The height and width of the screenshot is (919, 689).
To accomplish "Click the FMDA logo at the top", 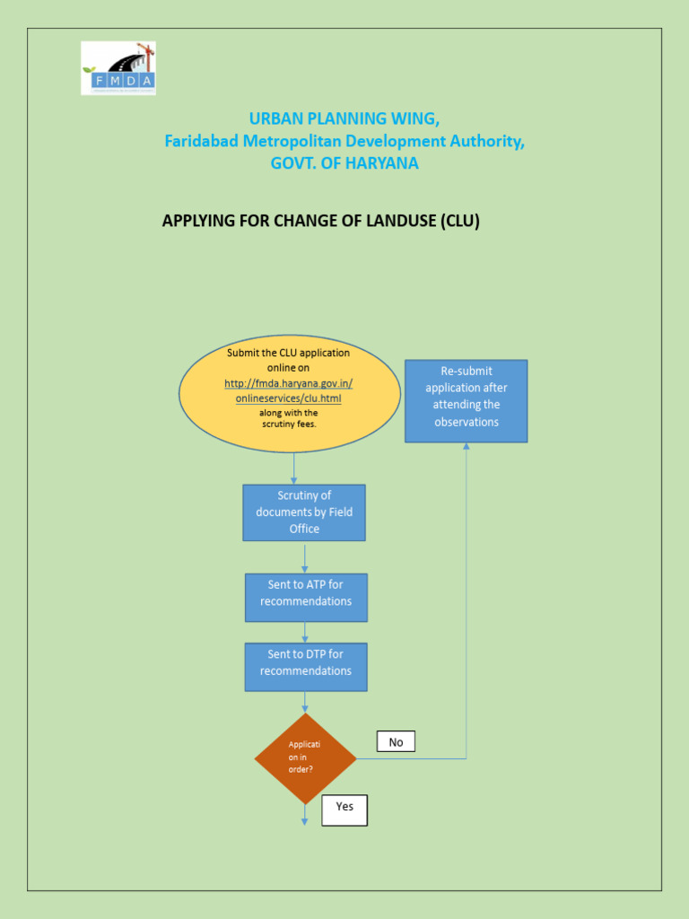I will pos(118,67).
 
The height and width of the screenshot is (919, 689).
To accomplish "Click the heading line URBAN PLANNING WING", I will pos(344,118).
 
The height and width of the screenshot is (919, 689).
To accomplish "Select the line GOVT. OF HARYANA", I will pos(344,163).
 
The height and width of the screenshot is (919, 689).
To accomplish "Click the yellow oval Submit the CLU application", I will pos(290,394).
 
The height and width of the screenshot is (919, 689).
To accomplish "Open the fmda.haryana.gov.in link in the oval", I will pos(288,383).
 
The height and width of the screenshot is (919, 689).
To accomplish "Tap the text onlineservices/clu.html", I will pos(288,398).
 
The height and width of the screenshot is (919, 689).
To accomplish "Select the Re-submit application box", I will pos(466,400).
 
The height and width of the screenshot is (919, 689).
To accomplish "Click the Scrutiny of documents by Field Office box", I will pos(304,512).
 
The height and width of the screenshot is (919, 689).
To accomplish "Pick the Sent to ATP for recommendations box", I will pos(306,597).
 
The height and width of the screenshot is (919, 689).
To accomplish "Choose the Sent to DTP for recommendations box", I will pos(306,666).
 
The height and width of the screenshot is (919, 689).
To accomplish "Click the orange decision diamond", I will pos(306,758).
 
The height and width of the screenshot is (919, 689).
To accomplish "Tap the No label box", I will pos(396,742).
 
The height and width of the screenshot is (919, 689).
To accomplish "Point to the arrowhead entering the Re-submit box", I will pos(467,447).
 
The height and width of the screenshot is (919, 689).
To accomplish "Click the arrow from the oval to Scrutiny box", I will pos(294,468).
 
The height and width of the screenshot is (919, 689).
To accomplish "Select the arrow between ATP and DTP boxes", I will pos(305,632).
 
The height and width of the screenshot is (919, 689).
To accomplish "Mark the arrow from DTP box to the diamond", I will pos(305,702).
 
